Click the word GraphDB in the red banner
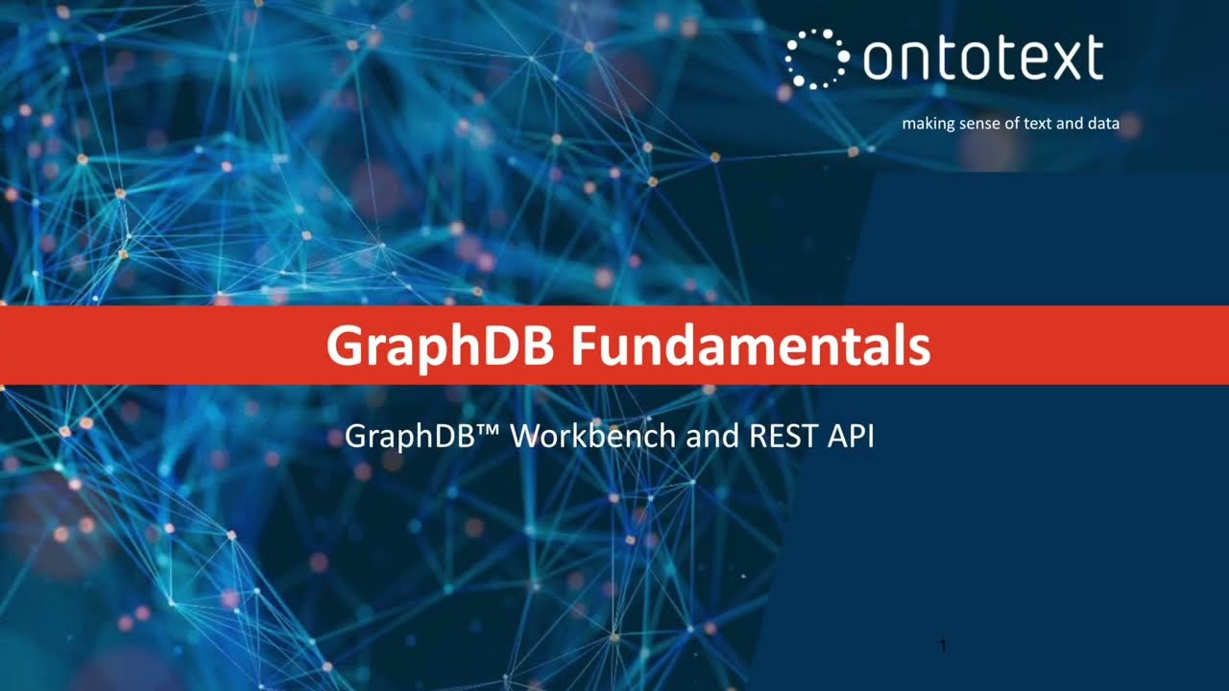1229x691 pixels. tap(439, 345)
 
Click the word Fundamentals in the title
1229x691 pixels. tap(750, 345)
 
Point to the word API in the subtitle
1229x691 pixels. tap(850, 437)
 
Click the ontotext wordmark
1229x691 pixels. tap(982, 60)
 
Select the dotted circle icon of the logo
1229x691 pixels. tap(816, 60)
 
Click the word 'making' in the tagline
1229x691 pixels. tap(928, 124)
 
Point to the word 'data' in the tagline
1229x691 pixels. tap(1103, 124)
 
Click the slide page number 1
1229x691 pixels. tap(943, 647)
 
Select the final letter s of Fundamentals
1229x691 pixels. tap(920, 348)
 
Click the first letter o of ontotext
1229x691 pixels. tap(879, 62)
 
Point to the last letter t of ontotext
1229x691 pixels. tap(1094, 60)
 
